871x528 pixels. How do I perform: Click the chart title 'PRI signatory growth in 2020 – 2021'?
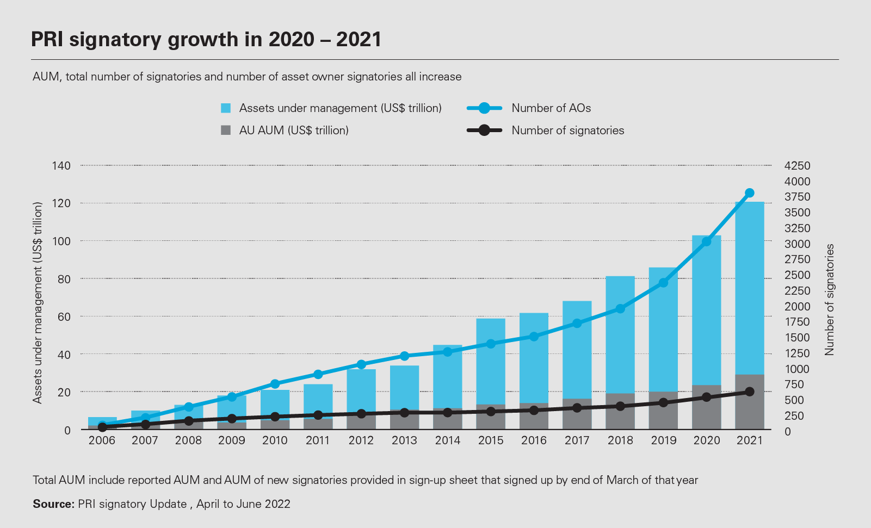coord(206,40)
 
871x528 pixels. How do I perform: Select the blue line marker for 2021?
coord(749,193)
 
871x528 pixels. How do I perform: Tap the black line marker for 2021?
coord(749,392)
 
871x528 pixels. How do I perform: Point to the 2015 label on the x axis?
coord(491,440)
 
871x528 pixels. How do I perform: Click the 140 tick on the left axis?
coord(61,165)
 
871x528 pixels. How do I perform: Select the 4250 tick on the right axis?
coord(797,165)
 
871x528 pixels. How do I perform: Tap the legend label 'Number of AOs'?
coord(551,108)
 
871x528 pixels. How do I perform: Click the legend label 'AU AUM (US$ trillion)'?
coord(294,131)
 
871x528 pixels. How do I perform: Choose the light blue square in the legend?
coord(226,108)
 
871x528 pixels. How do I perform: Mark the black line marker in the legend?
coord(484,131)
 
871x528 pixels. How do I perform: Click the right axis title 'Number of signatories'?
coord(829,300)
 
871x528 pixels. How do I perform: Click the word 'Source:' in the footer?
coord(53,504)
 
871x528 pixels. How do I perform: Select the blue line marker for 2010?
coord(275,384)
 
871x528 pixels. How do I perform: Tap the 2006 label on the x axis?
coord(102,440)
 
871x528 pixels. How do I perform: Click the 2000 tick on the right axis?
coord(797,306)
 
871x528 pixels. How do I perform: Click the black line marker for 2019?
coord(663,403)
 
